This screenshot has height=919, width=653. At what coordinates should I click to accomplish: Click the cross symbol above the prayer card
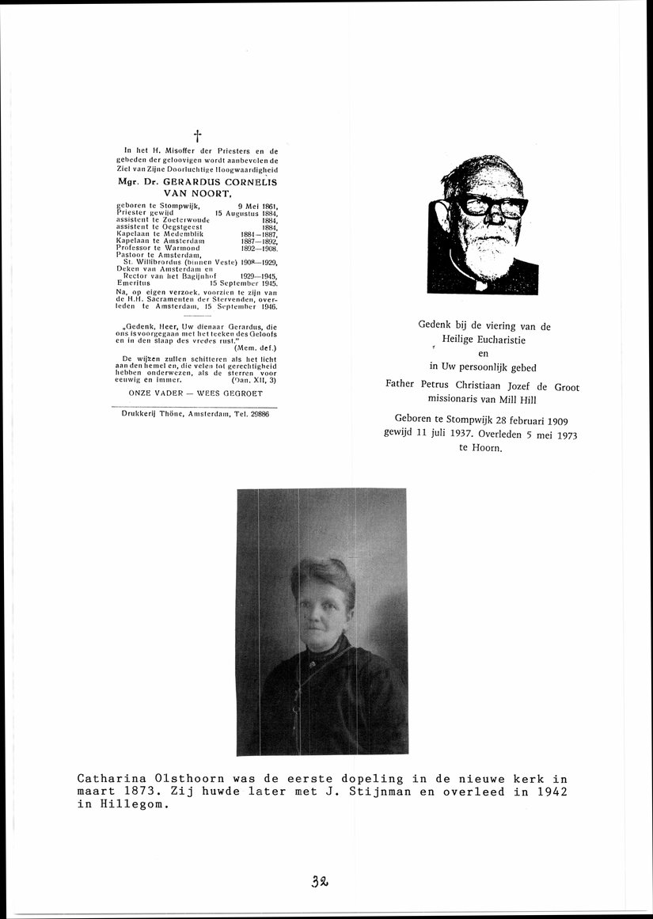(x=197, y=136)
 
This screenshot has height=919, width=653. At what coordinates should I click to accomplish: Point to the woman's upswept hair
(x=321, y=573)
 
